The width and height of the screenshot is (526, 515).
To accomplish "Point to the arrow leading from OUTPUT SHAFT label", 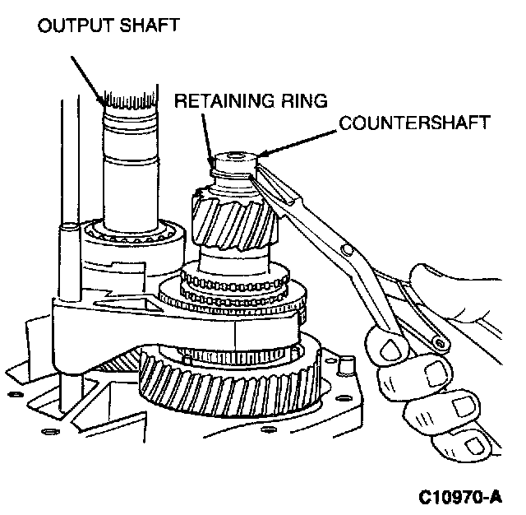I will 87,74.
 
